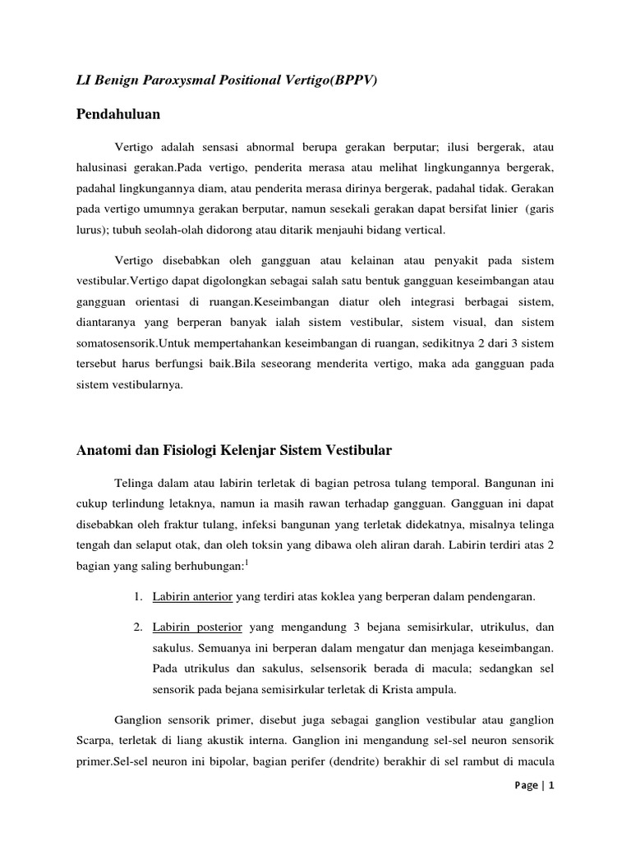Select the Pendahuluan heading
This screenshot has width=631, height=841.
(118, 113)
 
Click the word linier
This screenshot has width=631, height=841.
(505, 209)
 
